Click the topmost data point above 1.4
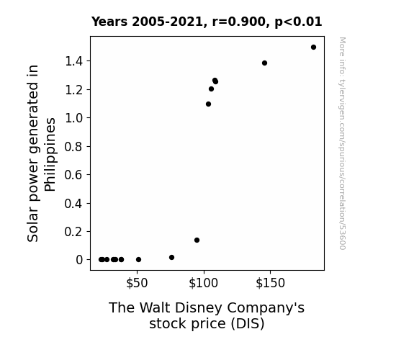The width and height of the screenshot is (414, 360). (x=313, y=48)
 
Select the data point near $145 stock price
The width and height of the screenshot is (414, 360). (x=264, y=63)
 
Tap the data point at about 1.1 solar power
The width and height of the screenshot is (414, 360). (x=208, y=104)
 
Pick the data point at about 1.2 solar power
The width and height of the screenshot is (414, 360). (x=211, y=89)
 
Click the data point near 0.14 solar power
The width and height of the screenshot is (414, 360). (x=197, y=240)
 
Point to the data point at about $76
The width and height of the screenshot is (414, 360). (x=171, y=257)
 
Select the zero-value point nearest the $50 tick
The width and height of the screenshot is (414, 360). (x=139, y=260)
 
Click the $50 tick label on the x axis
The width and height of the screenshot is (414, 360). (x=137, y=283)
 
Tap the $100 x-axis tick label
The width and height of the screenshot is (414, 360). (x=203, y=283)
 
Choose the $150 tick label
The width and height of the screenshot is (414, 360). (x=271, y=283)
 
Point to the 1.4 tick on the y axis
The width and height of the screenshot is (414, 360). (x=73, y=61)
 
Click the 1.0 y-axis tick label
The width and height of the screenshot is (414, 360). (x=73, y=118)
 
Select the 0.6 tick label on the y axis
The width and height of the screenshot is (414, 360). (x=73, y=175)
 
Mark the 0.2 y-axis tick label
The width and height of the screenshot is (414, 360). (x=73, y=232)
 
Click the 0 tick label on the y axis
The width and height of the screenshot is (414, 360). (x=79, y=260)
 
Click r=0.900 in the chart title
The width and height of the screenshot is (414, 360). (x=239, y=22)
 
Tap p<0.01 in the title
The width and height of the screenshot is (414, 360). (x=298, y=22)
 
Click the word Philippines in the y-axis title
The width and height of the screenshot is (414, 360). (x=50, y=155)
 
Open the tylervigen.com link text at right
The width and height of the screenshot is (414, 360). (x=343, y=143)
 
